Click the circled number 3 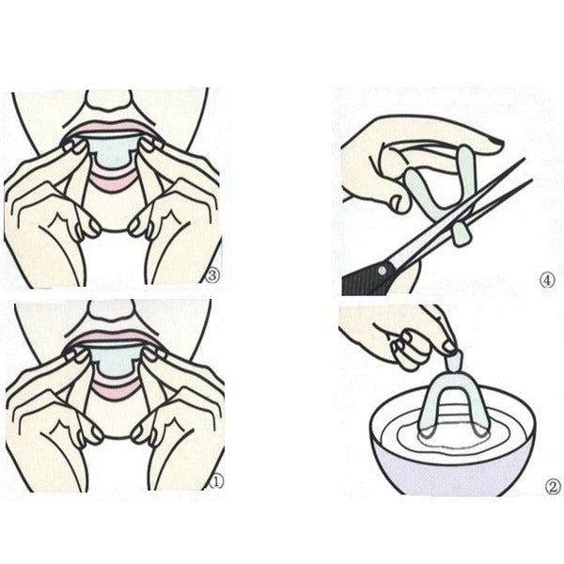(211, 275)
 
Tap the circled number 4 (547, 280)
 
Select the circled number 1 (216, 481)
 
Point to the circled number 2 (553, 487)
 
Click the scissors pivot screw (382, 269)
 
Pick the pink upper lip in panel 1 (113, 337)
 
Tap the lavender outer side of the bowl (454, 471)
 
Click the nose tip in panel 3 (108, 100)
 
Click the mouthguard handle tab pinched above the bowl (453, 360)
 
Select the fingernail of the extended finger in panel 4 (496, 143)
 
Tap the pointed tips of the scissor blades (527, 168)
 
